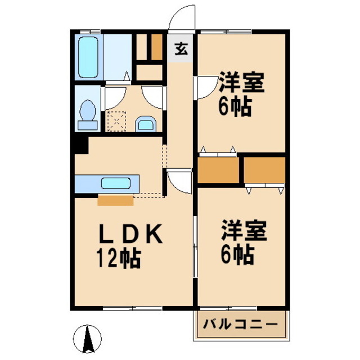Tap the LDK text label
[x=133, y=234]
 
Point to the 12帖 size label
[x=118, y=259]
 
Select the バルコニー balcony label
[x=241, y=325]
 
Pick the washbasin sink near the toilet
[x=146, y=123]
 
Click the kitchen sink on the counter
[x=118, y=183]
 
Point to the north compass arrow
[x=88, y=338]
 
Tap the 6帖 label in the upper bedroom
[x=235, y=107]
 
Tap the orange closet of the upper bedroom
[x=219, y=169]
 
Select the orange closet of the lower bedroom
[x=265, y=169]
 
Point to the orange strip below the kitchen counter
[x=115, y=200]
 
